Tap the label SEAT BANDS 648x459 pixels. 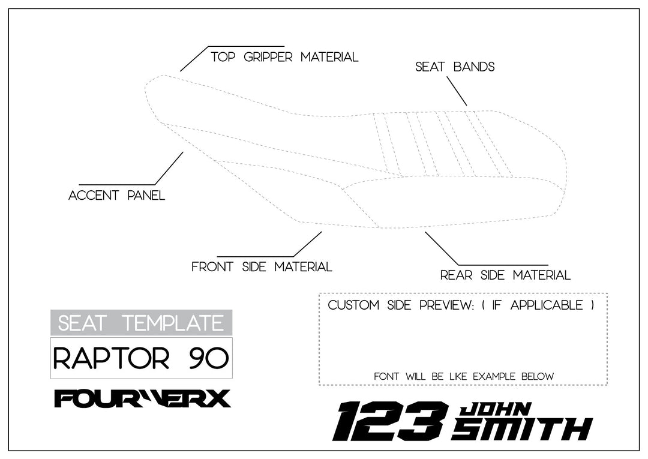455,67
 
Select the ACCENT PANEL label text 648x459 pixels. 116,196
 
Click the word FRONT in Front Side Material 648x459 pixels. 213,267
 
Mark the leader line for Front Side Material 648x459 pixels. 307,244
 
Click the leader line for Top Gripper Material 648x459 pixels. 193,59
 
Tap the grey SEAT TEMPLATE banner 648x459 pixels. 141,323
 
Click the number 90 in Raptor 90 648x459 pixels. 208,358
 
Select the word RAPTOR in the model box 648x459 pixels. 111,358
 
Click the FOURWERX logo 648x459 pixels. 142,398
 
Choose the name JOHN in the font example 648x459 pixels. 494,410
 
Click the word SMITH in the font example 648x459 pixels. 522,430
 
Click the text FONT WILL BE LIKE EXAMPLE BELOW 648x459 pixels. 463,377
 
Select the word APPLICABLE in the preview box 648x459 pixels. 547,305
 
